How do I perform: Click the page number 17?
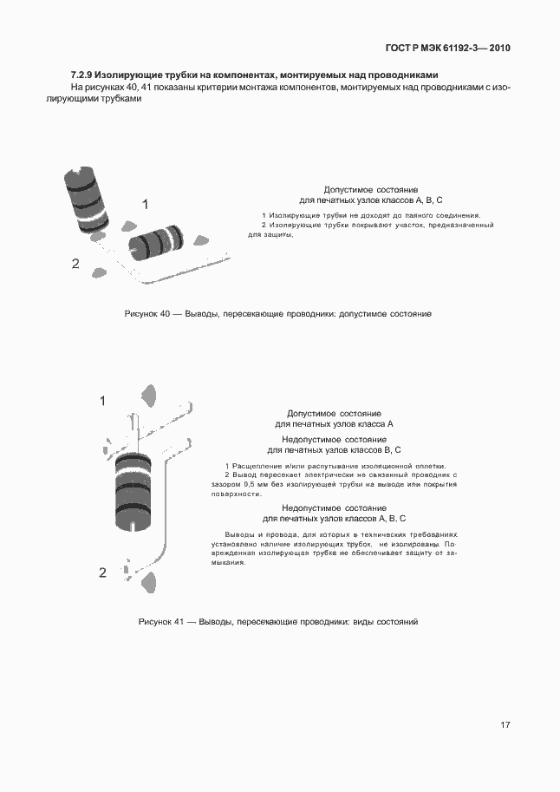[504, 724]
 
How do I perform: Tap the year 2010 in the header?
[499, 48]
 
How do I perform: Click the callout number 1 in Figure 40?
[146, 204]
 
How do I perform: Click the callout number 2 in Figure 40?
[75, 264]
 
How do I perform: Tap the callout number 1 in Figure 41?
[102, 401]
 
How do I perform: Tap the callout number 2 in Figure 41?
[102, 573]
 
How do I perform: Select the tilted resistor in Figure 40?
[87, 198]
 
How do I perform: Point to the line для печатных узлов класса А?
[334, 425]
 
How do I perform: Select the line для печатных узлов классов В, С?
[334, 450]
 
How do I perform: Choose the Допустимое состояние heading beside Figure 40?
[371, 188]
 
